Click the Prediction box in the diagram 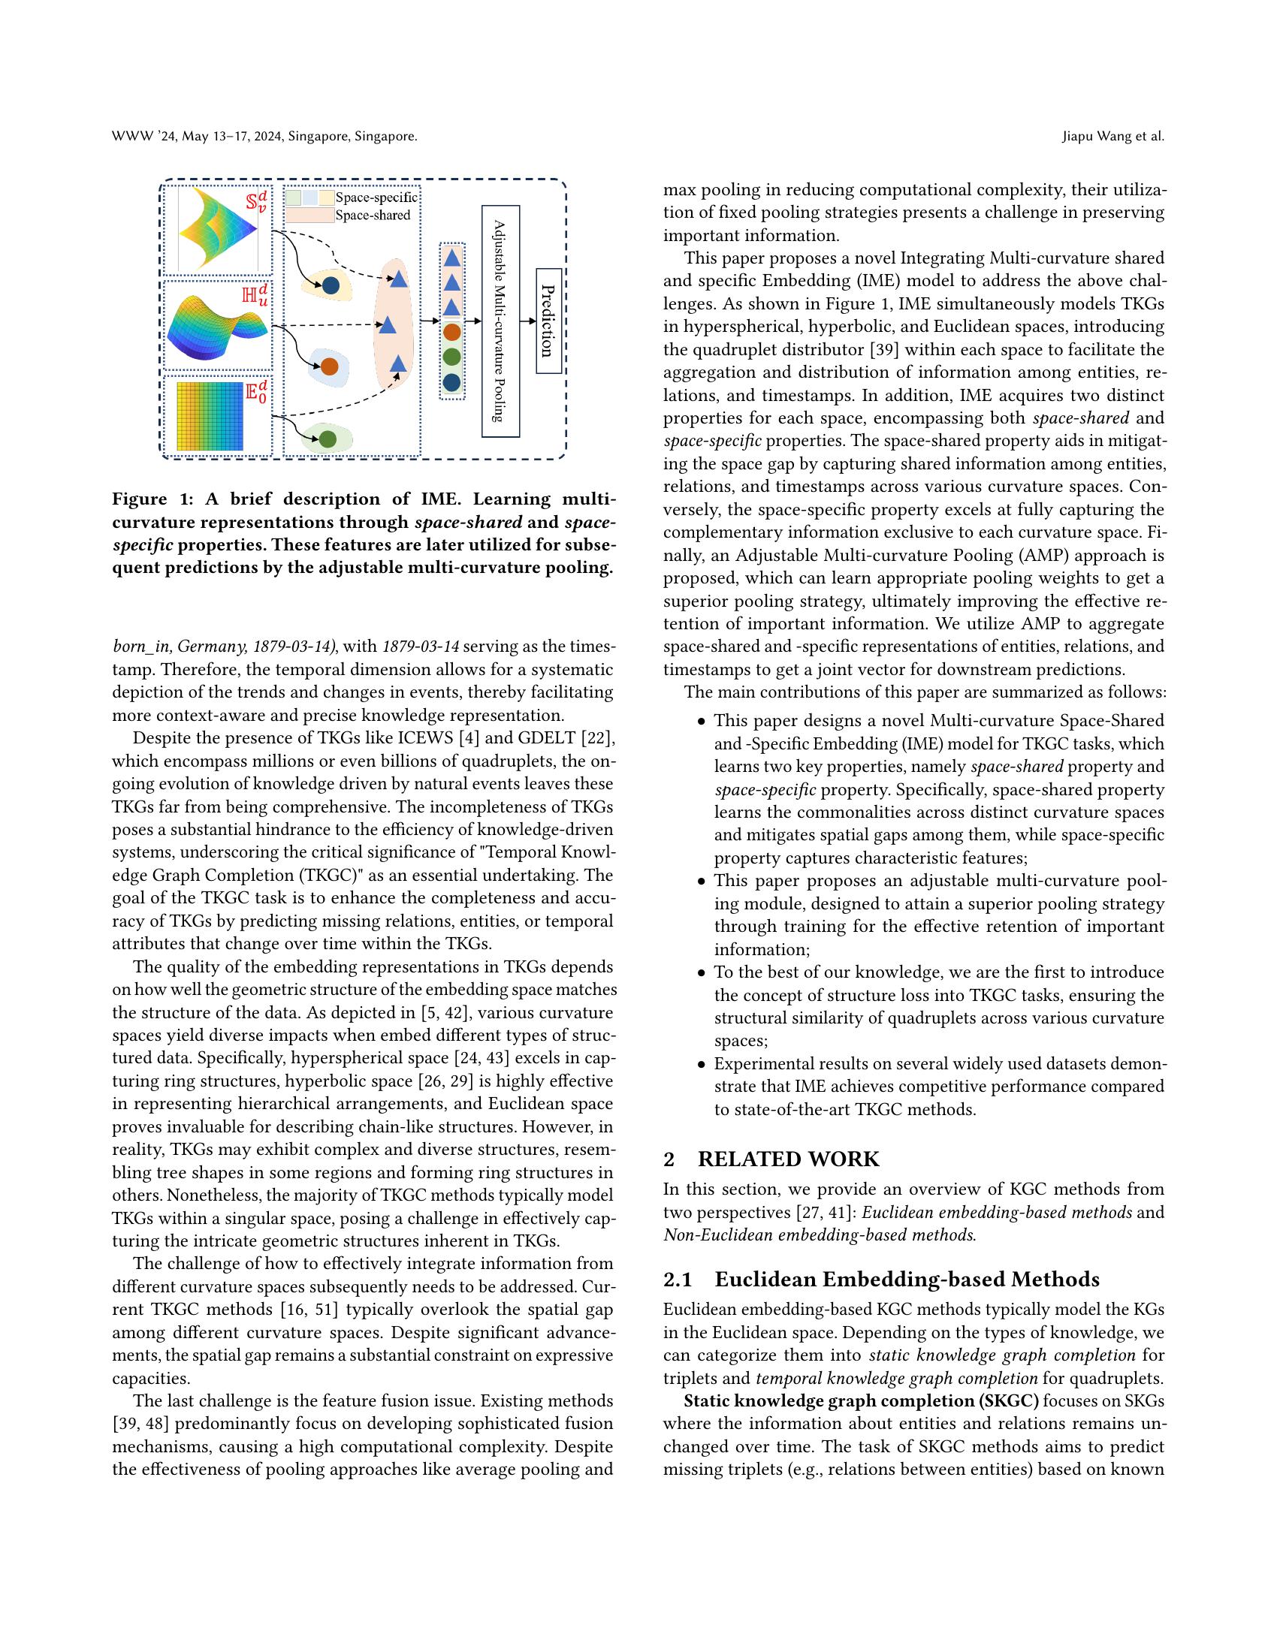[x=548, y=321]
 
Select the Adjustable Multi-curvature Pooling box [x=500, y=321]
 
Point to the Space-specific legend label [x=376, y=198]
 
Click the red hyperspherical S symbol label [x=255, y=203]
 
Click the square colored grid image [x=210, y=416]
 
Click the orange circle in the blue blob [x=329, y=367]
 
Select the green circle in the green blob [x=328, y=439]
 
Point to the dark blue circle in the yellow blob [x=331, y=287]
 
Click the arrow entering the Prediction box [x=528, y=321]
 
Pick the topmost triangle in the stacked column [x=451, y=258]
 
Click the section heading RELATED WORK [x=788, y=1159]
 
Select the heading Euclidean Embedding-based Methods [x=907, y=1279]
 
